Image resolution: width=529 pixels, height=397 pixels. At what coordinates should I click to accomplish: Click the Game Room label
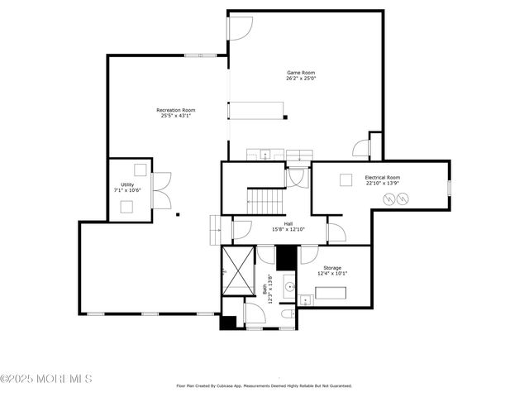coord(301,73)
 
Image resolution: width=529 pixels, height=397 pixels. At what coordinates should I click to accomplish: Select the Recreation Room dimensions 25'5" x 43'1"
coord(176,116)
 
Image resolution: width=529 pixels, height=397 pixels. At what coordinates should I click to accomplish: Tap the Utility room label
coord(127,184)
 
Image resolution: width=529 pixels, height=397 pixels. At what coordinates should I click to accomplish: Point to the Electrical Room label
coord(382,177)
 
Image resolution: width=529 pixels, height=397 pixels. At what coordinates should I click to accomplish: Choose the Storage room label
coord(332,268)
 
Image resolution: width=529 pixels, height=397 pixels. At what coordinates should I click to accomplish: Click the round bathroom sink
coord(290,288)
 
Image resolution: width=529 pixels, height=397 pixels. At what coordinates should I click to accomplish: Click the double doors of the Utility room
coord(162,189)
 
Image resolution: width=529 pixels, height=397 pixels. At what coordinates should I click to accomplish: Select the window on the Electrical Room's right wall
coord(449,188)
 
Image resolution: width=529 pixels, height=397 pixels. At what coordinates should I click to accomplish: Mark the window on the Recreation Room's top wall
coord(201,55)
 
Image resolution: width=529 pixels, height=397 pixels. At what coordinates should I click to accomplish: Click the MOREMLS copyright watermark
coord(46,379)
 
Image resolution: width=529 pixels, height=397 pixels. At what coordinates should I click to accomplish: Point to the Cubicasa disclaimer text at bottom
coord(264,385)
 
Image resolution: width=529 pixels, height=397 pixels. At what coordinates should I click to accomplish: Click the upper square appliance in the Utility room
coord(140,170)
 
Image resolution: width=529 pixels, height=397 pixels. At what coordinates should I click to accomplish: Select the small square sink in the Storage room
coord(304,300)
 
